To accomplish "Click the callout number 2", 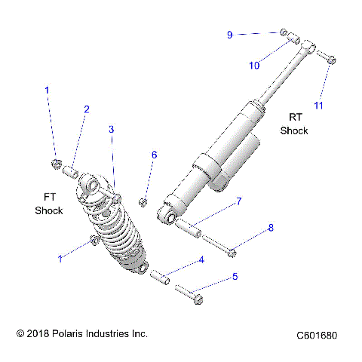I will click(86, 110).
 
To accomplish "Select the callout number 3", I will click(112, 130).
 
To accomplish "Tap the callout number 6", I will click(154, 155).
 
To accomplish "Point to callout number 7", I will click(238, 201).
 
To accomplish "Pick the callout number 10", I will click(255, 66).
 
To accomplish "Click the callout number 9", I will click(230, 34).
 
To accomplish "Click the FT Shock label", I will click(48, 204).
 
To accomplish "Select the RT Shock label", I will click(294, 124).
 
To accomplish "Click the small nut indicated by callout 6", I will click(143, 201).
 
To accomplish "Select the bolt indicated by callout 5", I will click(189, 293).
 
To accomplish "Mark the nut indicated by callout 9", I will click(284, 32).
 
